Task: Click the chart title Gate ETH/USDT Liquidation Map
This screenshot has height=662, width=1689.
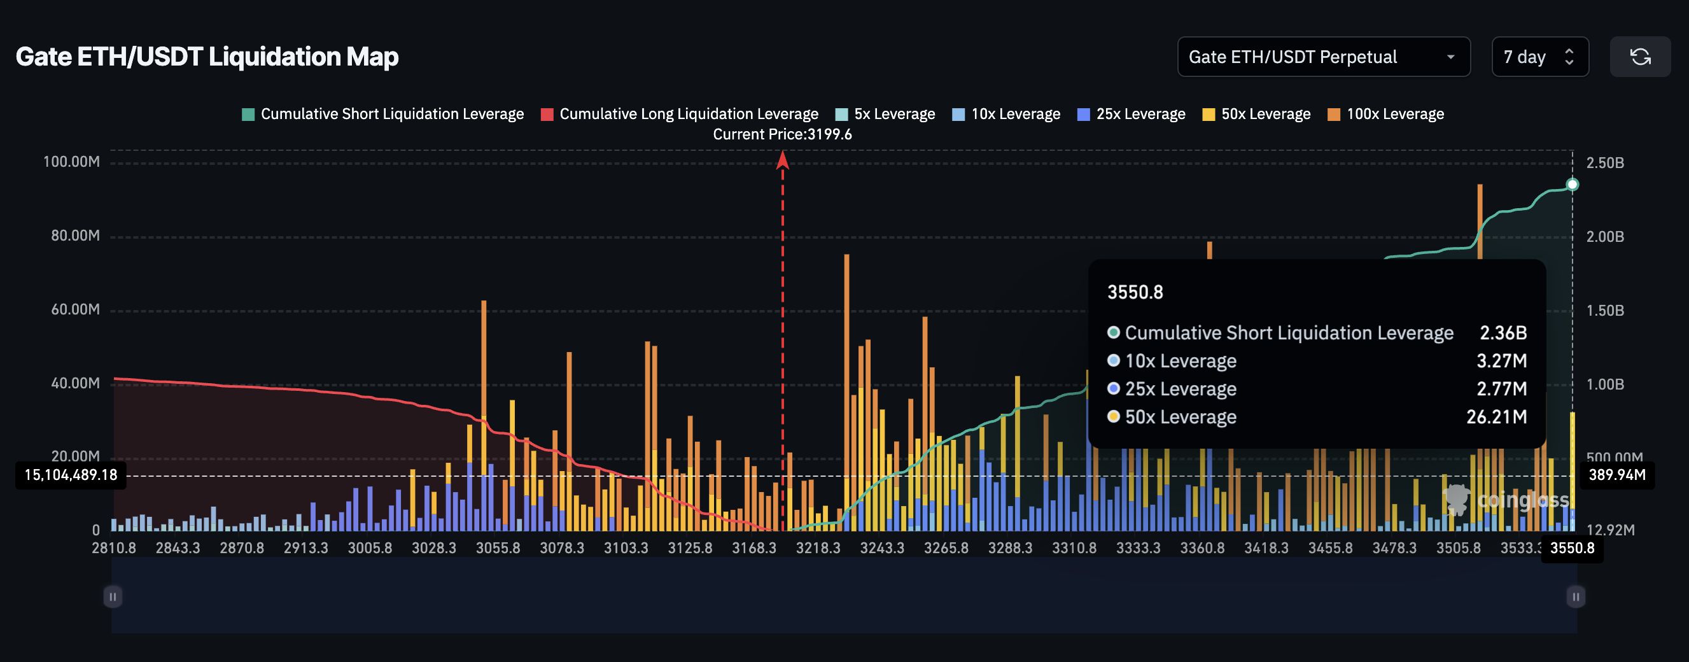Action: tap(207, 57)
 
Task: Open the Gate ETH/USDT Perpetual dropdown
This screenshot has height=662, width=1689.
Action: tap(1322, 57)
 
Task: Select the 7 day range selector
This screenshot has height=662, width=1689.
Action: tap(1539, 57)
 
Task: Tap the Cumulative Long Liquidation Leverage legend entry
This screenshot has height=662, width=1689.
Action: tap(680, 114)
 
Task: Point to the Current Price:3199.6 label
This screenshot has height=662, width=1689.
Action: tap(782, 134)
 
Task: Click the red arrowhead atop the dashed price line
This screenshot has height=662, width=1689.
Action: tap(782, 159)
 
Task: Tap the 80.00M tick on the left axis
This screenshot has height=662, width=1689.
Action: tap(75, 236)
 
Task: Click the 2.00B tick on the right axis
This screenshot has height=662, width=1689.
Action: tap(1604, 236)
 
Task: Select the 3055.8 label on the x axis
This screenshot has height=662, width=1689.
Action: tap(498, 548)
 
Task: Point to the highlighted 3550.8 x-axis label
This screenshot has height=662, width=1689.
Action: tap(1572, 548)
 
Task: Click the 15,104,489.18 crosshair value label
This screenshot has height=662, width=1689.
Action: tap(71, 475)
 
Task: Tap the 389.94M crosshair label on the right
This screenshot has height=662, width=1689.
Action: tap(1617, 475)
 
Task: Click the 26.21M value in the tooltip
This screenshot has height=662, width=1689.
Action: tap(1496, 417)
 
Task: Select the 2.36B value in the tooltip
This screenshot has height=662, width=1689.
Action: tap(1503, 333)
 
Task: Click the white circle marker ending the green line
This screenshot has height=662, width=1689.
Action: tap(1573, 185)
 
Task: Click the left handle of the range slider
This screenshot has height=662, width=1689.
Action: tap(113, 596)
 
